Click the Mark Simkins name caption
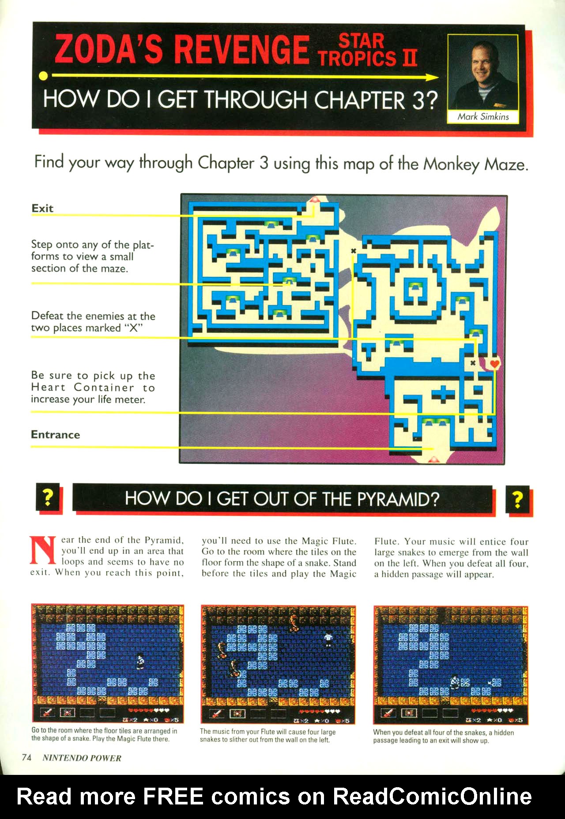point(483,117)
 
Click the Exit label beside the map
point(42,208)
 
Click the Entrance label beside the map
point(55,435)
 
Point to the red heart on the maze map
point(494,364)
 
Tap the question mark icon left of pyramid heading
point(48,498)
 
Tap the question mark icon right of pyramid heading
point(517,499)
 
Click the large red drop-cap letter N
point(43,550)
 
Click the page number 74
point(26,757)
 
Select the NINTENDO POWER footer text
point(82,758)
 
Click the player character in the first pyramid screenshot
point(140,661)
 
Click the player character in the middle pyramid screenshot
point(328,639)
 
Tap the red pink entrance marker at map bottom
point(433,459)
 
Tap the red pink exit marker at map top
point(314,200)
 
